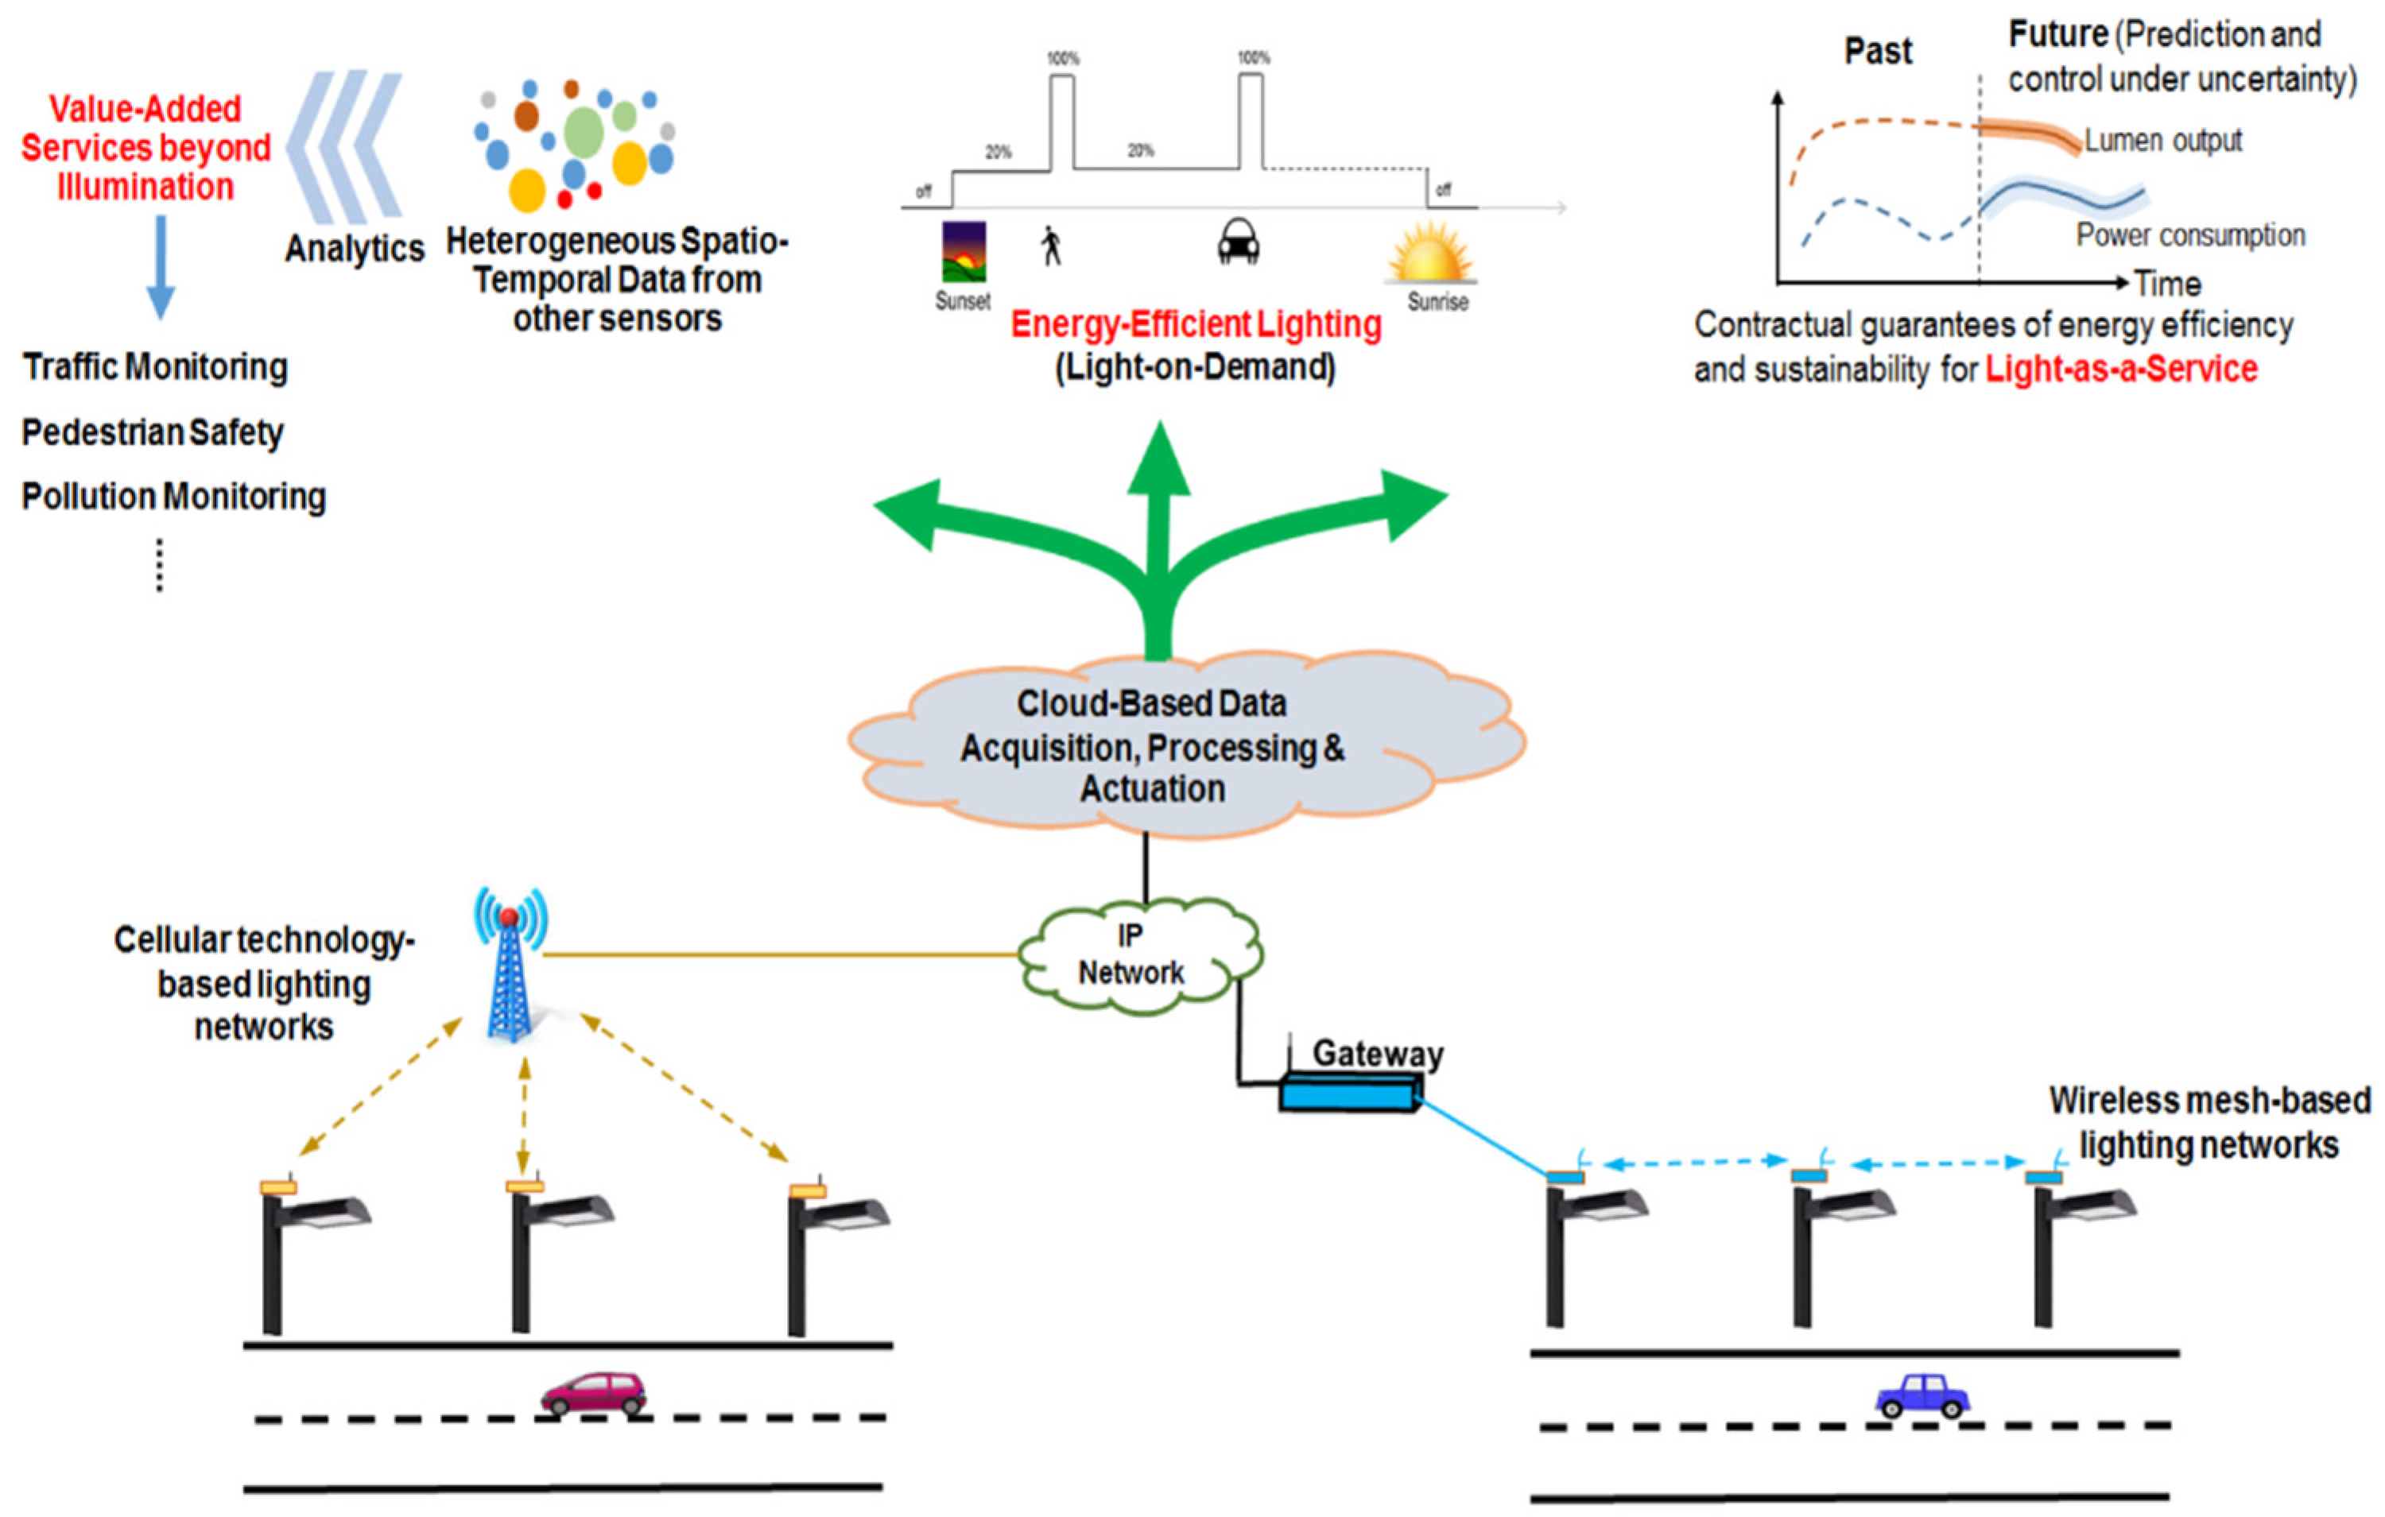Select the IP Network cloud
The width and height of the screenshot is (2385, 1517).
click(1140, 954)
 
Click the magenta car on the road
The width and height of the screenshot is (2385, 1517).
click(593, 1393)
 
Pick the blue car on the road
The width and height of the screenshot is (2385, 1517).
click(1922, 1396)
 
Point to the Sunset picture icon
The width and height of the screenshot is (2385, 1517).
click(963, 253)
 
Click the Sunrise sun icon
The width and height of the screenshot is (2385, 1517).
click(1432, 253)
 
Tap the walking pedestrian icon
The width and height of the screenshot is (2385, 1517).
click(1051, 246)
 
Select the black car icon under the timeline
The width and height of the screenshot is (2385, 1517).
click(1238, 242)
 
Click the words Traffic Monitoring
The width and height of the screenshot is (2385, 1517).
click(156, 367)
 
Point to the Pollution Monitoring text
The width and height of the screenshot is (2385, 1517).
click(174, 496)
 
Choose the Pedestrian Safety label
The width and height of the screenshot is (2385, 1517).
click(153, 433)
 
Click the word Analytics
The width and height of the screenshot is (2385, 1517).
click(355, 249)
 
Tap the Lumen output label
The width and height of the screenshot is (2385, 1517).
click(2163, 141)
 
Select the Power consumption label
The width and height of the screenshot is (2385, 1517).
click(2191, 236)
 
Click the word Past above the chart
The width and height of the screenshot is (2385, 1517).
click(1878, 51)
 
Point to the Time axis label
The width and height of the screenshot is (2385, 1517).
click(2167, 284)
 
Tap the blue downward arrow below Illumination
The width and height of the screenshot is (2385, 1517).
click(161, 267)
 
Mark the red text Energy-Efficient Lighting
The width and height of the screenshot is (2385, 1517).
click(1196, 325)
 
